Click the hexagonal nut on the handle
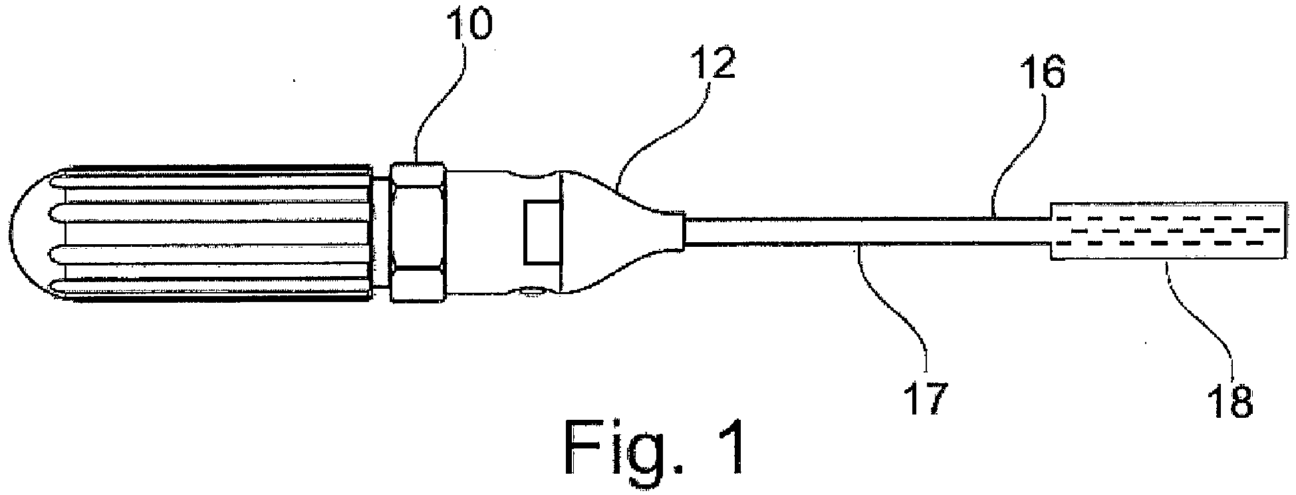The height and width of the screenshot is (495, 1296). [417, 232]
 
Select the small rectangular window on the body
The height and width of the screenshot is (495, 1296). [543, 232]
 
